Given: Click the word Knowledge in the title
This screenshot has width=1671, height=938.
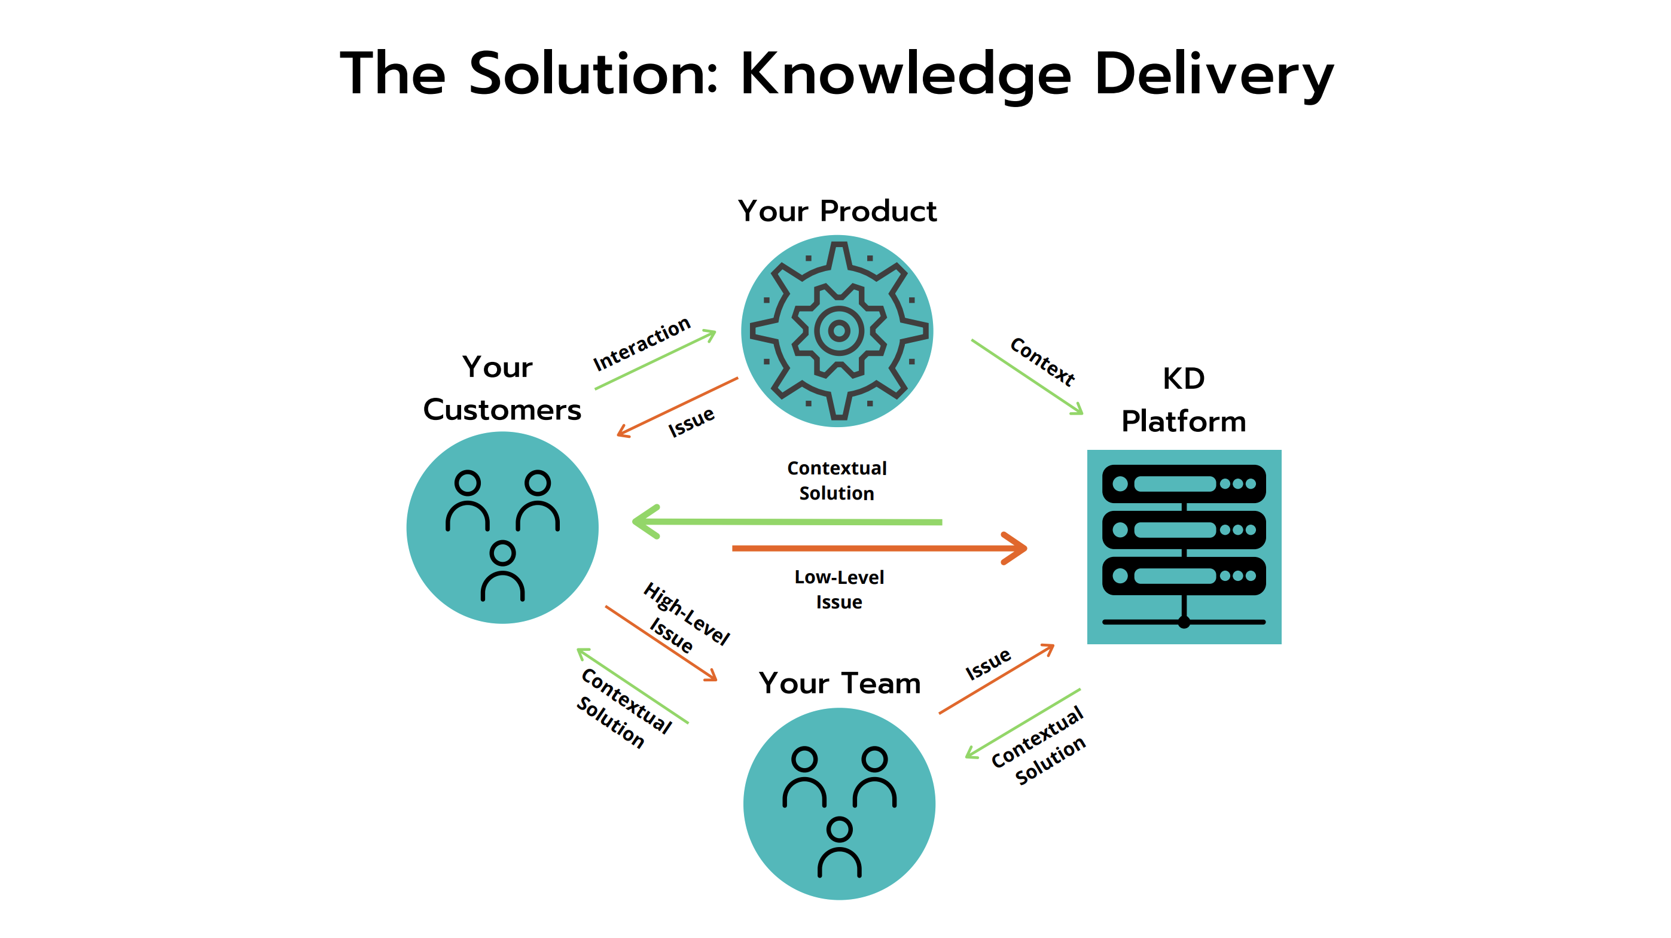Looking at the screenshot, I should click(x=905, y=75).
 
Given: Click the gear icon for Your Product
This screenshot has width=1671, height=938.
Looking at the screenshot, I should click(x=837, y=331).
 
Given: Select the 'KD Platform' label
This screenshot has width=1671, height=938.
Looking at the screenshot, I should click(x=1183, y=400).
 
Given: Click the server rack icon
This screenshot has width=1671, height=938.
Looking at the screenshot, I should click(x=1184, y=546).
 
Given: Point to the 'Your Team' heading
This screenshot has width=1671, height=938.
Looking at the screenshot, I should click(x=840, y=683).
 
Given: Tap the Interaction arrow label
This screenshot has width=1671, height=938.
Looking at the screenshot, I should click(x=642, y=343).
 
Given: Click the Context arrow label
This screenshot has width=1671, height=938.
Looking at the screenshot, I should click(x=1042, y=361).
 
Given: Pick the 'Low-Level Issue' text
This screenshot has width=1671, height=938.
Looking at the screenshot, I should click(x=838, y=590).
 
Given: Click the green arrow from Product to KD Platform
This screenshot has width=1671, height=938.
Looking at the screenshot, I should click(x=1026, y=376).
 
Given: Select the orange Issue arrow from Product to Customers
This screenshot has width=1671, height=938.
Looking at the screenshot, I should click(x=678, y=407).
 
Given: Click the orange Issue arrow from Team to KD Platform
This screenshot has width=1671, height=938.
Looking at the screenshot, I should click(x=996, y=679).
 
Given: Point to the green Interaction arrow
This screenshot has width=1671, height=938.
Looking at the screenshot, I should click(x=655, y=360).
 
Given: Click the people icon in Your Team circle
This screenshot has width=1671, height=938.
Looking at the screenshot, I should click(x=840, y=811).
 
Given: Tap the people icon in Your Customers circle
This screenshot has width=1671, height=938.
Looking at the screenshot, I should click(x=502, y=535).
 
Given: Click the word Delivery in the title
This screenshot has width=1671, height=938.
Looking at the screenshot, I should click(x=1213, y=75).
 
